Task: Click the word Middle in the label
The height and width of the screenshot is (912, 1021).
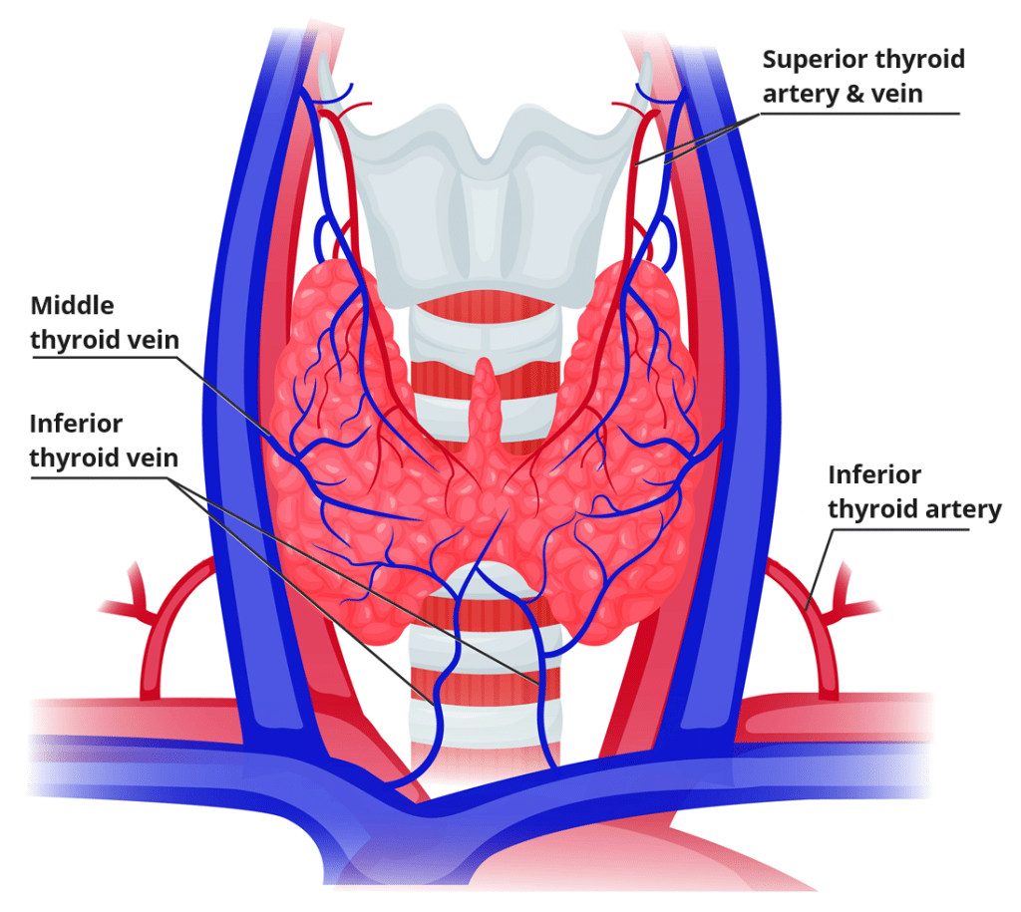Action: (x=73, y=305)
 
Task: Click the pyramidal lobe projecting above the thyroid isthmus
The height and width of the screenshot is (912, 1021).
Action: (x=485, y=399)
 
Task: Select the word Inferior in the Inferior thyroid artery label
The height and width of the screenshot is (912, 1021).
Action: (x=874, y=474)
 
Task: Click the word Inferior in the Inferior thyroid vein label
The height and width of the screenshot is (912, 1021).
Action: (x=76, y=424)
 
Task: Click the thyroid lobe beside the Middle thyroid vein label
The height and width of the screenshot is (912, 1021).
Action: (x=329, y=399)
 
